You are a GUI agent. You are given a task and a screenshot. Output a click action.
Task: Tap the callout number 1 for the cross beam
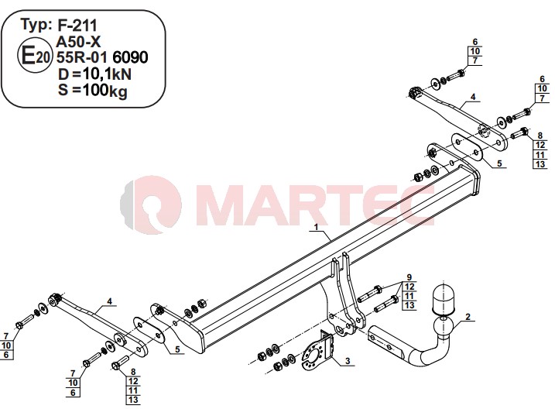point(316,226)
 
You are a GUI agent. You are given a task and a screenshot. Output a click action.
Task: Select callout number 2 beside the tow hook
point(468,317)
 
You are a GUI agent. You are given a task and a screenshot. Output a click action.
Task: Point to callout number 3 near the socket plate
point(348,361)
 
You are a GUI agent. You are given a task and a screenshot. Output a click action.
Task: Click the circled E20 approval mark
point(35,56)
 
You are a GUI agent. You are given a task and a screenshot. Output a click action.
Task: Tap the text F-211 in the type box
point(77,25)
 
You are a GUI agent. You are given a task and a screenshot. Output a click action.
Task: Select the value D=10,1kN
point(94,74)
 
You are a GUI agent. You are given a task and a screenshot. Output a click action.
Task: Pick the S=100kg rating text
point(92,91)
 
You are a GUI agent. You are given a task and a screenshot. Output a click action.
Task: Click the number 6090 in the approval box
point(130,57)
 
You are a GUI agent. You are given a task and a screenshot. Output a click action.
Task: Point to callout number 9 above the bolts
point(409,277)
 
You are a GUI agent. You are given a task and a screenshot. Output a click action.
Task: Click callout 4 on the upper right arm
point(473,97)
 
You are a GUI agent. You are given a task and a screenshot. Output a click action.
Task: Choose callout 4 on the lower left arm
point(109,301)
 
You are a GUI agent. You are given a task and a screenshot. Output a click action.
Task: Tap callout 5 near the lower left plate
point(177,349)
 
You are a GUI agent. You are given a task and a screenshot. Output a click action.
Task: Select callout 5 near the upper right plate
point(499,163)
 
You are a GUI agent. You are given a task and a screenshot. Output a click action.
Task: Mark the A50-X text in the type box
point(78,42)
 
